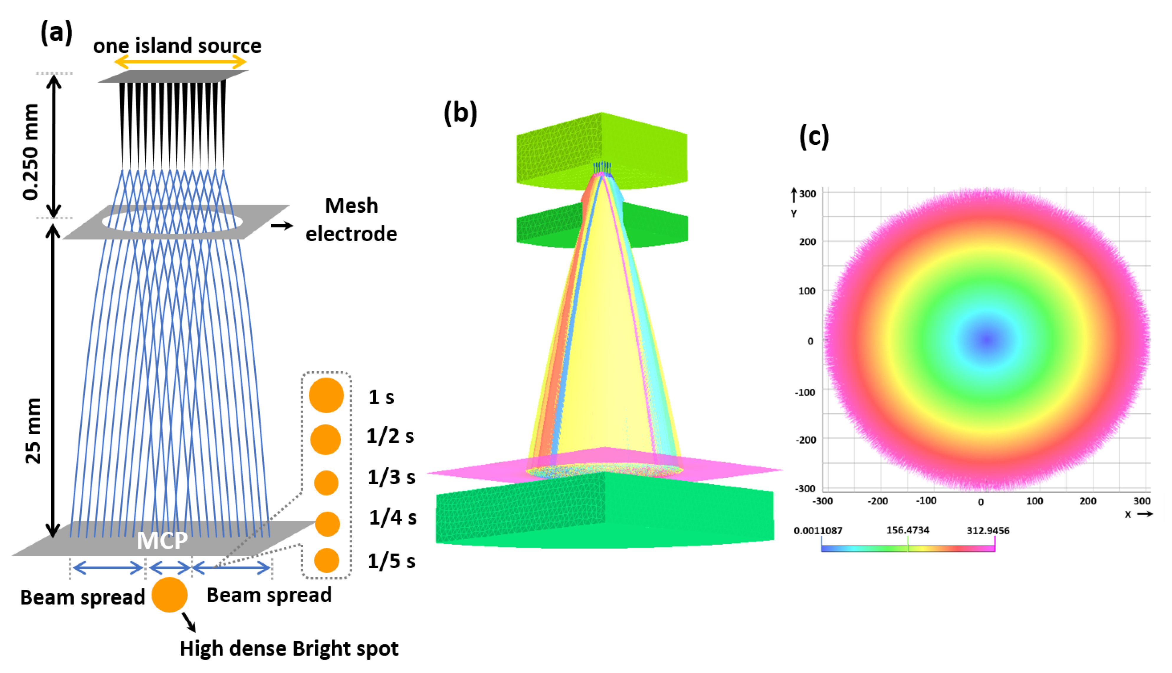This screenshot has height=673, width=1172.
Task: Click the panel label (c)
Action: pos(814,137)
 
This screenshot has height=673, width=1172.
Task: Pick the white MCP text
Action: pos(162,540)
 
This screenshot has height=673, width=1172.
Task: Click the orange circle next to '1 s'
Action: pos(326,395)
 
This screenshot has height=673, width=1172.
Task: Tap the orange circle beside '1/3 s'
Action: pos(326,483)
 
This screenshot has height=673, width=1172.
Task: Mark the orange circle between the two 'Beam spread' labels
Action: pos(170,595)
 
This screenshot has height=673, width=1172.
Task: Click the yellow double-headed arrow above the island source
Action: pos(180,61)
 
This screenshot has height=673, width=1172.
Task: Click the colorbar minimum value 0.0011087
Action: pos(818,530)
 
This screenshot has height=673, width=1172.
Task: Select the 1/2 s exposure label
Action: pos(390,436)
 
